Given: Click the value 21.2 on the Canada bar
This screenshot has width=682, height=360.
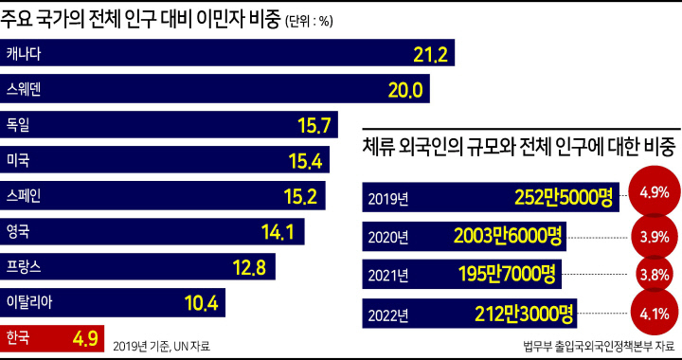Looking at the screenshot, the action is coord(430,53).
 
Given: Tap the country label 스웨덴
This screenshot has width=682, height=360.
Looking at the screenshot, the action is coord(24,90).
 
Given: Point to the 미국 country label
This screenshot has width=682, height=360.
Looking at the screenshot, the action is coord(18,160).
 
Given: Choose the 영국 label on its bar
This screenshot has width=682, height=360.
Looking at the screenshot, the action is coord(18,231).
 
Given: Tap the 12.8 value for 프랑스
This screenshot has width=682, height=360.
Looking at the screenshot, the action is coord(249,267).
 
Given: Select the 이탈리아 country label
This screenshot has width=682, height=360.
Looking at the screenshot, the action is coord(29,302).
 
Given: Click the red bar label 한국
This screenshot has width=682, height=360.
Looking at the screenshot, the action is coord(18,337).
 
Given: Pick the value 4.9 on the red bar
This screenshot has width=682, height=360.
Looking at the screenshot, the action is coord(84,338).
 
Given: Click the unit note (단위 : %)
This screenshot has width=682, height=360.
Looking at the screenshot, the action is coord(309,23).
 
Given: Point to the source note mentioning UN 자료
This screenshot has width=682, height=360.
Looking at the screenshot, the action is coord(162,347).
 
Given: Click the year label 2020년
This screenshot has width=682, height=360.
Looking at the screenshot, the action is coord(388,238).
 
